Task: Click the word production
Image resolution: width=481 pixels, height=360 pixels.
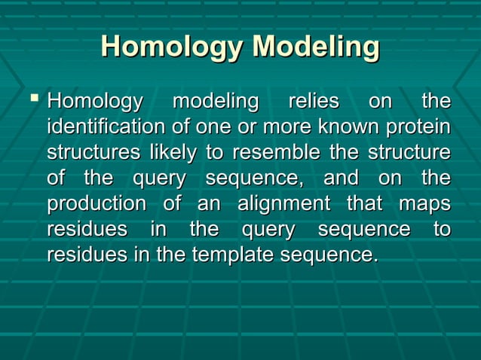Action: click(97, 204)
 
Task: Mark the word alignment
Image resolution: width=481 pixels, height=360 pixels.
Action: click(283, 204)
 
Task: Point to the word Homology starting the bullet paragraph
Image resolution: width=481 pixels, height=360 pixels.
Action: click(94, 101)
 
